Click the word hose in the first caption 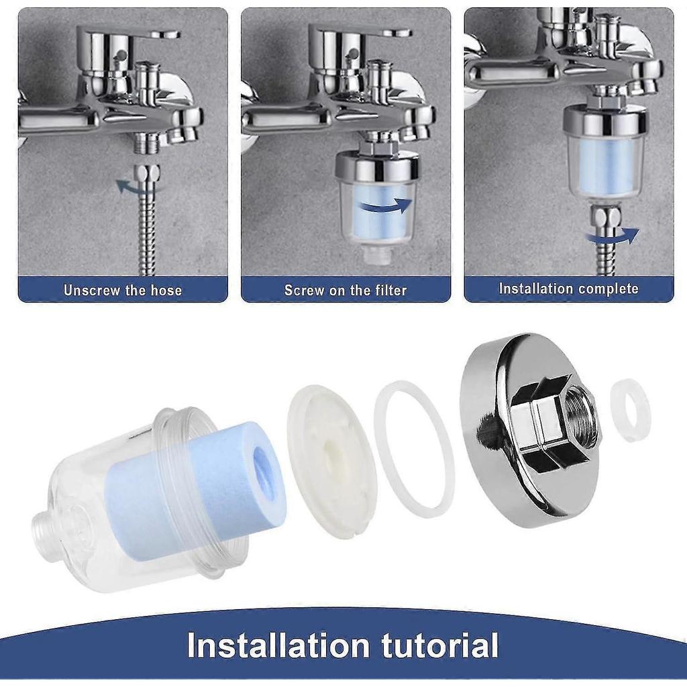(x=166, y=290)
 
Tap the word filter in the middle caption (x=389, y=290)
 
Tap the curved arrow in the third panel (x=612, y=235)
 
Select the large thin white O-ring (x=414, y=449)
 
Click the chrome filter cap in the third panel (x=604, y=121)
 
